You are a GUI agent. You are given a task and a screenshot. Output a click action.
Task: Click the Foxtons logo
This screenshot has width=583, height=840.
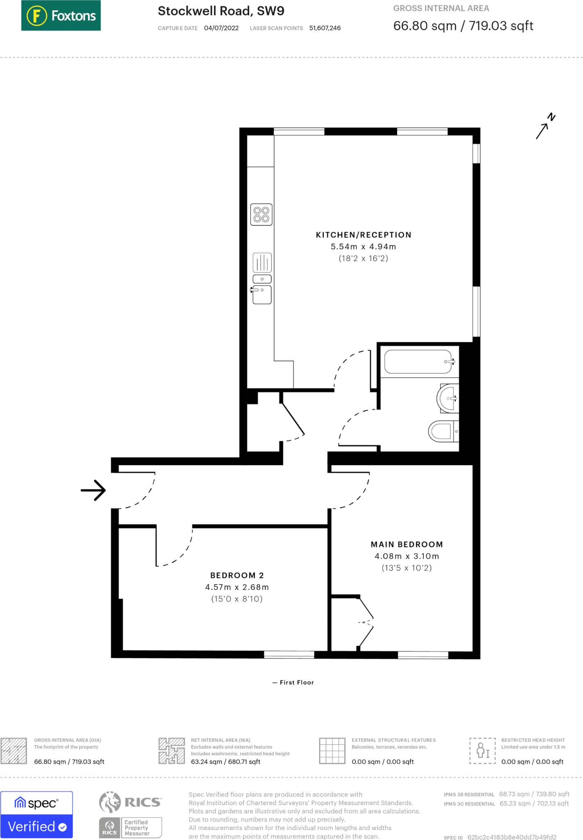click(61, 16)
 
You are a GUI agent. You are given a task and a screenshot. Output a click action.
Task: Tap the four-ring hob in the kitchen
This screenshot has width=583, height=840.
click(261, 215)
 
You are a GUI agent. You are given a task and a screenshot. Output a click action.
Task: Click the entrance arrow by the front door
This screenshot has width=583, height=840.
click(93, 490)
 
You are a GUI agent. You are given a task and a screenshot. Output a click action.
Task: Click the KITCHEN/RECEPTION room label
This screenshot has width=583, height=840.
click(364, 235)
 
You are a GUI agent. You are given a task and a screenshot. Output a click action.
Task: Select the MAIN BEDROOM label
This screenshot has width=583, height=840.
click(407, 544)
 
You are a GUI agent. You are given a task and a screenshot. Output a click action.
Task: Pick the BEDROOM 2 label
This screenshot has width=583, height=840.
click(237, 575)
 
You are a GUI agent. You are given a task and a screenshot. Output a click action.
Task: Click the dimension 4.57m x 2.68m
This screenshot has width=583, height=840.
click(237, 587)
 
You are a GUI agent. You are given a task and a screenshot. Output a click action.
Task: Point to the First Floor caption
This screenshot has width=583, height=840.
click(293, 682)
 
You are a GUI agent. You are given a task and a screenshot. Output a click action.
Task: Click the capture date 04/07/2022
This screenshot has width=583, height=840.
click(221, 28)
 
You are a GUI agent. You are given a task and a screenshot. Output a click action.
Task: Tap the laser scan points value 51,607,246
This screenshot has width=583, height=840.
click(325, 28)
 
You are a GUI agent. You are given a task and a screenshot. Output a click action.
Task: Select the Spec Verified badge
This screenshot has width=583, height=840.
click(37, 815)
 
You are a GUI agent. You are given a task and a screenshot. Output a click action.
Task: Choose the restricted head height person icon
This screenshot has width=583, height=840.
click(482, 751)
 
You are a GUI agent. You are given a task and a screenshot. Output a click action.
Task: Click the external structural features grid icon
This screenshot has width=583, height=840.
click(332, 751)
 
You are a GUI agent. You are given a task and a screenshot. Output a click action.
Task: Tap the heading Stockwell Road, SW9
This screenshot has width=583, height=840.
click(221, 11)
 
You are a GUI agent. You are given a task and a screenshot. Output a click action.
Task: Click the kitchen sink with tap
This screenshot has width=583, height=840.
click(262, 294)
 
